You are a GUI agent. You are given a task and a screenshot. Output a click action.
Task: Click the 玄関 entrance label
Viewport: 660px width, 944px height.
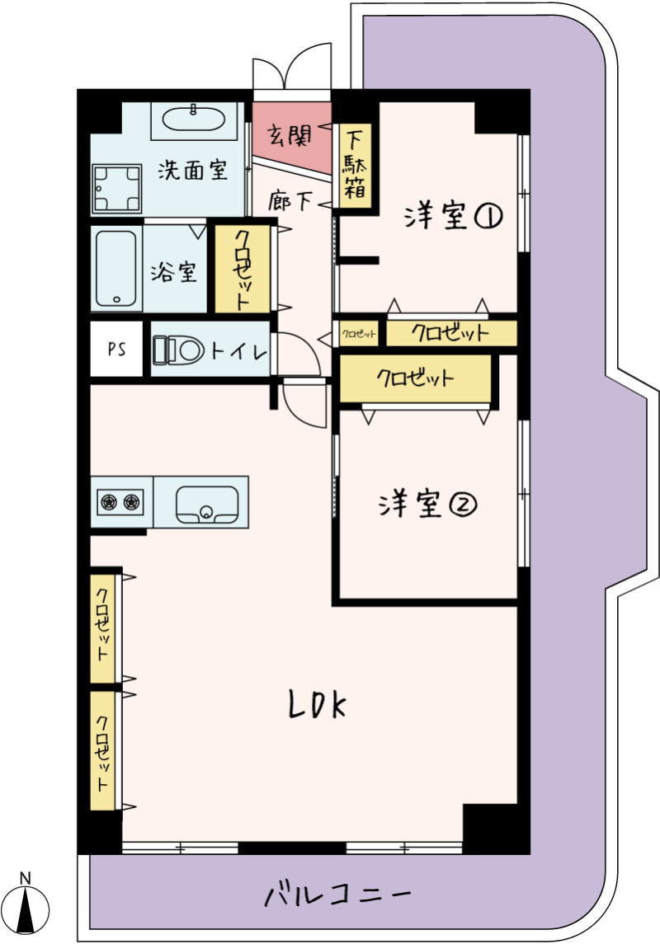click(x=290, y=136)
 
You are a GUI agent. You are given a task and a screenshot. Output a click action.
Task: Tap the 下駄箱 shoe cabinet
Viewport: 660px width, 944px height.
click(x=355, y=166)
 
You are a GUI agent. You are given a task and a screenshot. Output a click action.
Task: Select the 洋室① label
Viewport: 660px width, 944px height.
click(x=454, y=215)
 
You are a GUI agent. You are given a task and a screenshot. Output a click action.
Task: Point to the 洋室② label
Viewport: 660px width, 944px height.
click(x=427, y=504)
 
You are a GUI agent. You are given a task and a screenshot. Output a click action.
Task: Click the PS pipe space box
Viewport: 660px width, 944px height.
click(x=117, y=349)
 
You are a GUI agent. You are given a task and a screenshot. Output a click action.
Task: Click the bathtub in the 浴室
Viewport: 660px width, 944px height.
click(x=115, y=269)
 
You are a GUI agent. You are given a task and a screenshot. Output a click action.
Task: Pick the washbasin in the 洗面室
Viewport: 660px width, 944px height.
click(x=194, y=120)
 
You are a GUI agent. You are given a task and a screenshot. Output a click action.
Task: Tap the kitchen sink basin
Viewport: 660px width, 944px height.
click(x=206, y=504)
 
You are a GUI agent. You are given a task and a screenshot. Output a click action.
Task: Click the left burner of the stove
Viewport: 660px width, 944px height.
click(x=108, y=501)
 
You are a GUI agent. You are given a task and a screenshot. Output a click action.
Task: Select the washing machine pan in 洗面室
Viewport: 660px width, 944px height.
click(x=117, y=189)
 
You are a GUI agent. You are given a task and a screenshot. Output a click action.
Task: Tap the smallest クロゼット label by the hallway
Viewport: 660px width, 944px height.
click(x=359, y=334)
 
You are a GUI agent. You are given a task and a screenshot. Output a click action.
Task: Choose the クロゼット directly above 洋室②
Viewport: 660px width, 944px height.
click(x=416, y=378)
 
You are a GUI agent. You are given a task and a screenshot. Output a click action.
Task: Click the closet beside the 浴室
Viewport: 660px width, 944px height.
click(x=243, y=269)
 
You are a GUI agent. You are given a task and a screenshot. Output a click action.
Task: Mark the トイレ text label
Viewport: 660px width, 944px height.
click(x=239, y=350)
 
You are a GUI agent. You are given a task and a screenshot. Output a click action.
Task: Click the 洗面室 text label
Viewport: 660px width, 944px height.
click(x=193, y=171)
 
